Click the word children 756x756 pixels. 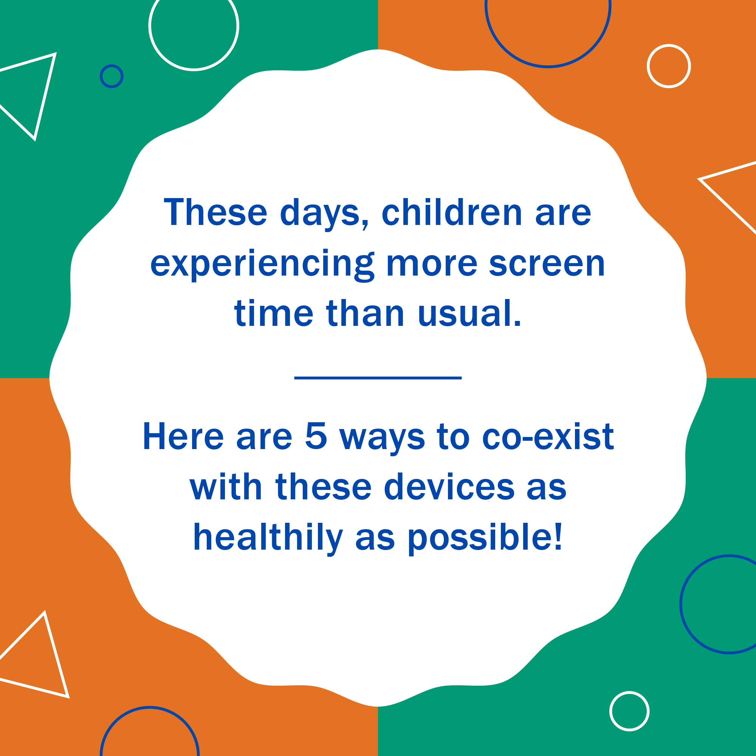coord(452,212)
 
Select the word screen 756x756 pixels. coord(547,264)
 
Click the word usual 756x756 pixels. coord(469,314)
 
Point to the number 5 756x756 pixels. coord(316,436)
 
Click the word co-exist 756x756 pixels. coord(548,436)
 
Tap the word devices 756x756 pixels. coord(449,487)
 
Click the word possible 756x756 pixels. coord(485,538)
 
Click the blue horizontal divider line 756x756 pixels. coord(378,378)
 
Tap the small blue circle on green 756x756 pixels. coord(112,76)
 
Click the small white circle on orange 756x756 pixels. coord(669,66)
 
